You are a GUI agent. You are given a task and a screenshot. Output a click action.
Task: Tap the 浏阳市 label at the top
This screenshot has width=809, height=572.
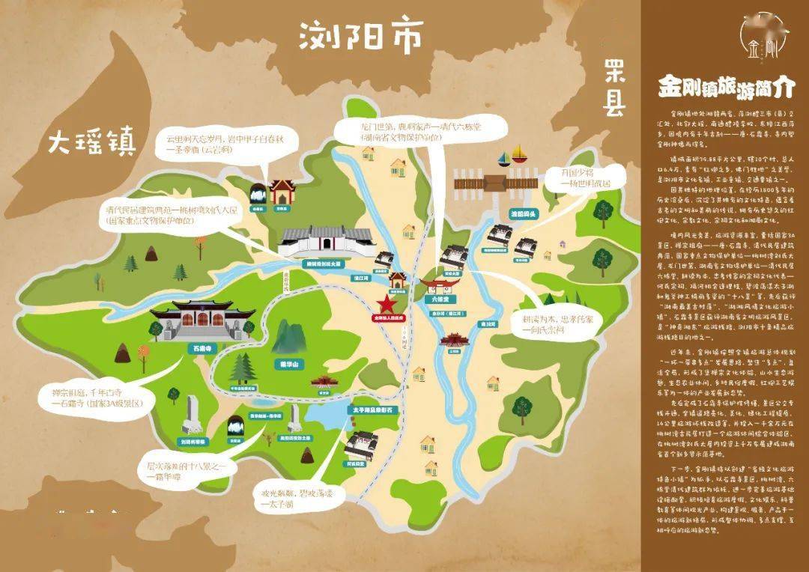(361, 35)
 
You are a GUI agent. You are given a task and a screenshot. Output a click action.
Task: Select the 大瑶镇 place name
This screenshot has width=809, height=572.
(91, 142)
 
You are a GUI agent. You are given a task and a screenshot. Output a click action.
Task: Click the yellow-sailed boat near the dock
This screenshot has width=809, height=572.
(521, 158)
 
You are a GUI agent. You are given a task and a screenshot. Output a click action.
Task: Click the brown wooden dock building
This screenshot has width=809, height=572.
(495, 183)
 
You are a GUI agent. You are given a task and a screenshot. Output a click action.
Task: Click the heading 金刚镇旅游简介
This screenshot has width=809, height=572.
(724, 87)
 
